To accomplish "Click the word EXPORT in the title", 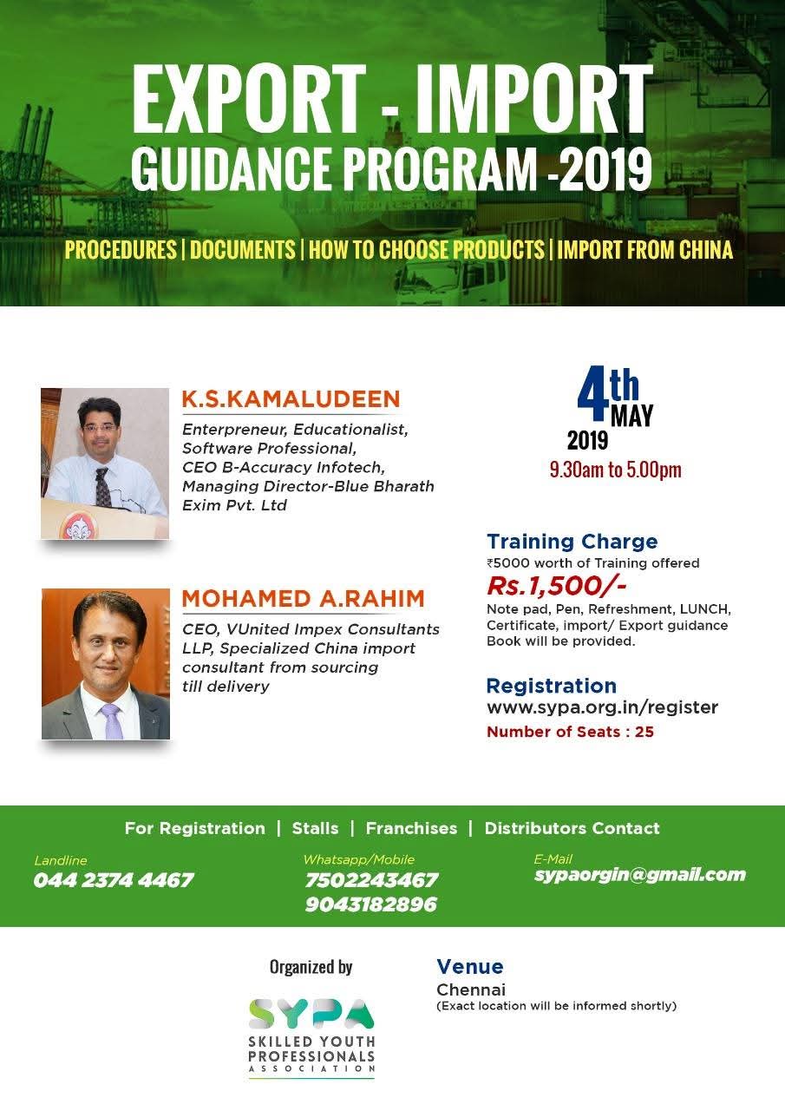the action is tap(249, 98).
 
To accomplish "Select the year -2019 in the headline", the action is tap(600, 168).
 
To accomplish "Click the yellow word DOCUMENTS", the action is tap(242, 249).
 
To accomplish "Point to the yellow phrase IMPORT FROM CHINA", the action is tap(644, 249).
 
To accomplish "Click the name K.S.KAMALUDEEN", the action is tap(291, 399).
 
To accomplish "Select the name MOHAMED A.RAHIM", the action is tap(304, 599).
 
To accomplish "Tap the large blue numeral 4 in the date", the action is tap(593, 394).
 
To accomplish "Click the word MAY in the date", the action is tap(631, 416).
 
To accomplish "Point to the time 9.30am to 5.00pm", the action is tap(616, 470).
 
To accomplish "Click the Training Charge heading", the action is tap(572, 541).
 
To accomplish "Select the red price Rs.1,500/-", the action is tap(557, 585).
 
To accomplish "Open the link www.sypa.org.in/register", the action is tap(602, 707).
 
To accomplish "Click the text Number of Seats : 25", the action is tap(570, 732).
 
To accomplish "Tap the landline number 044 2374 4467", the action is tap(114, 880).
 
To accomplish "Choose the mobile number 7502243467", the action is tap(371, 880).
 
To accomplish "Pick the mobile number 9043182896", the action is tap(371, 904).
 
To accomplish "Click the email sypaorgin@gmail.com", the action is tap(640, 875).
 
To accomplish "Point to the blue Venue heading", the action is tap(470, 966).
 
